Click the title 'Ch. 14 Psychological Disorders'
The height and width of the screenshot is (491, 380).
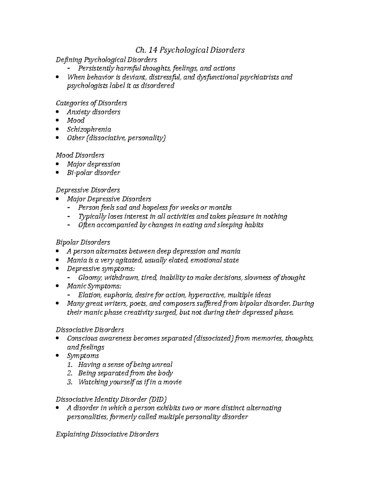click(x=190, y=50)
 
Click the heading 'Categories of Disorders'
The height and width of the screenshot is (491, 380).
click(x=91, y=103)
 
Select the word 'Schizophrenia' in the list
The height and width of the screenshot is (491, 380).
click(x=89, y=129)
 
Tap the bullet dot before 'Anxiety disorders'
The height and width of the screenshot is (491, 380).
click(x=57, y=112)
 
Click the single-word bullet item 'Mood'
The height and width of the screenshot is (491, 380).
click(x=75, y=120)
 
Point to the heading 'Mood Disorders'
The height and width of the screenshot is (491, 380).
click(x=80, y=155)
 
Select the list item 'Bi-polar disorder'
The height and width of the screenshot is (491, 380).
click(x=93, y=173)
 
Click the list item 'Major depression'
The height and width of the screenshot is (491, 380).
click(x=93, y=164)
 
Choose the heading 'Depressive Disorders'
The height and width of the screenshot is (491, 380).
click(x=88, y=190)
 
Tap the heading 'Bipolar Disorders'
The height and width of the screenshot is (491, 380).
click(x=83, y=242)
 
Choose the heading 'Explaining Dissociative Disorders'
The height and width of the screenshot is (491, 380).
click(x=107, y=434)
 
